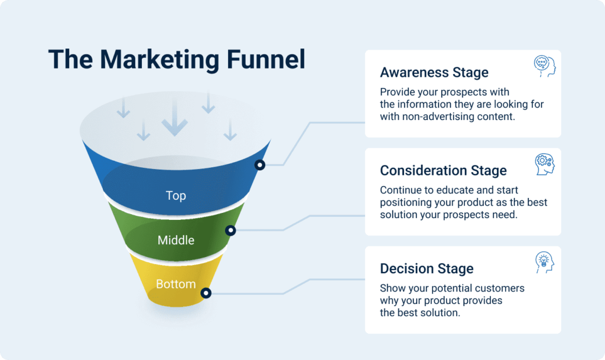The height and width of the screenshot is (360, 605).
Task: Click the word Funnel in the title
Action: click(266, 60)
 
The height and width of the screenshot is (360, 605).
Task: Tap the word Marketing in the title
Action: click(160, 60)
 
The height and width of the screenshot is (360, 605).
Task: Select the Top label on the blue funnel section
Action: click(176, 196)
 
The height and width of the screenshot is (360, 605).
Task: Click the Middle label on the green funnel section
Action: click(176, 240)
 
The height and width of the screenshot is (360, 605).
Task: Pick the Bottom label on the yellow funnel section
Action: click(176, 284)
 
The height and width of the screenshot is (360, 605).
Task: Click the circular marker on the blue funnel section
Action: click(260, 165)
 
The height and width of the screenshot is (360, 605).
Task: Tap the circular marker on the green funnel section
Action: click(230, 231)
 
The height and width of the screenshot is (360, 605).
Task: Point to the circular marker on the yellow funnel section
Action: click(206, 293)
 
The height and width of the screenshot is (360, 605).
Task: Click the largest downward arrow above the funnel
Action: click(175, 117)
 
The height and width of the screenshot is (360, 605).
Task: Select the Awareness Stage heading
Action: click(434, 72)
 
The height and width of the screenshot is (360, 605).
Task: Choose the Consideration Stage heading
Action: click(443, 170)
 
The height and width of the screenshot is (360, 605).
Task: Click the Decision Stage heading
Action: click(427, 268)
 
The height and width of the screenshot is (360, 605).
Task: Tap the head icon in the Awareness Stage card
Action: click(545, 66)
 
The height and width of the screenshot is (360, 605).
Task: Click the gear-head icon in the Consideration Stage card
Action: click(545, 164)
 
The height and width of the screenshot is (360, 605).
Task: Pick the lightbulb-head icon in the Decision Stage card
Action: click(545, 262)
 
